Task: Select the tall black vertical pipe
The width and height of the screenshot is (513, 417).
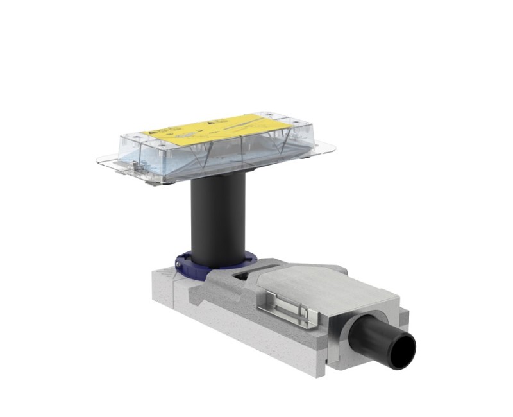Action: (218, 218)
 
